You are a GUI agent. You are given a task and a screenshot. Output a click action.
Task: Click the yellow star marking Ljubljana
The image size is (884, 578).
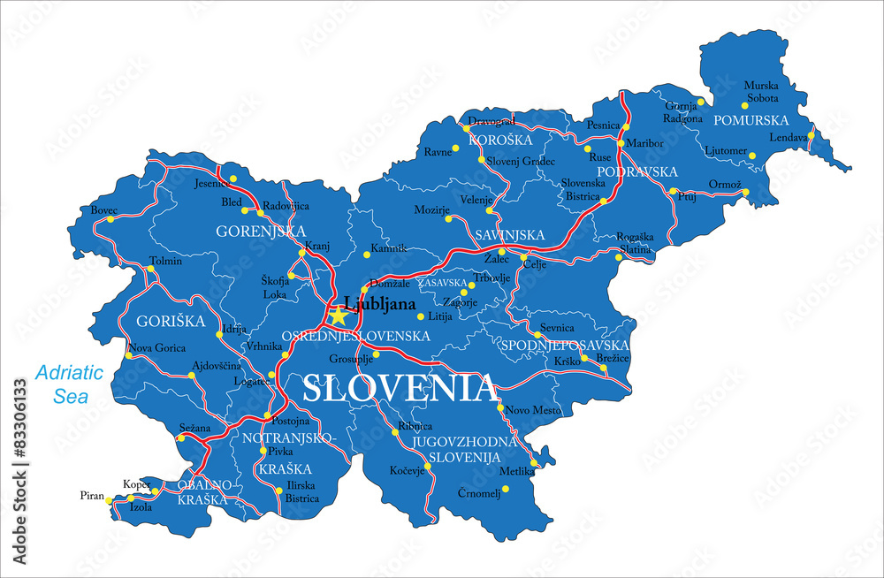pyautogui.click(x=338, y=316)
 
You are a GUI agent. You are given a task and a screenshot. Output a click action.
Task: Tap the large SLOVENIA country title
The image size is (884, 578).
pyautogui.click(x=399, y=388)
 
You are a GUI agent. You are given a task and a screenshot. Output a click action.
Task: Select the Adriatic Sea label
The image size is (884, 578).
pyautogui.click(x=70, y=384)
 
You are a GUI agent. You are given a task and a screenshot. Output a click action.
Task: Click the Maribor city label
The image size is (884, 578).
pyautogui.click(x=644, y=142)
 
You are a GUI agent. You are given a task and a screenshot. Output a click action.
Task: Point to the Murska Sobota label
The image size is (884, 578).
pyautogui.click(x=761, y=91)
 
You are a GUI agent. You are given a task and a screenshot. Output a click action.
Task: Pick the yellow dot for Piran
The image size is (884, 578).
pyautogui.click(x=110, y=500)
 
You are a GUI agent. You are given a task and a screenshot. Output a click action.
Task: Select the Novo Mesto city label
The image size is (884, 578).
pyautogui.click(x=533, y=409)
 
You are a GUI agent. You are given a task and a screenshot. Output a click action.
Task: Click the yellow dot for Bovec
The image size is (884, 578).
pyautogui.click(x=110, y=219)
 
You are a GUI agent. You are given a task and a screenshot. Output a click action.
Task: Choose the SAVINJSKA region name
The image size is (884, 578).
pyautogui.click(x=509, y=235)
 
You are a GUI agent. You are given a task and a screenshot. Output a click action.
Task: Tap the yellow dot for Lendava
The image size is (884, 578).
pyautogui.click(x=811, y=135)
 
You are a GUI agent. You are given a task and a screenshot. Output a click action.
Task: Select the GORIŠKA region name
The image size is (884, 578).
pyautogui.click(x=170, y=320)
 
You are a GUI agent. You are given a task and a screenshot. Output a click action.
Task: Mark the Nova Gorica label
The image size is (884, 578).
pyautogui.click(x=157, y=348)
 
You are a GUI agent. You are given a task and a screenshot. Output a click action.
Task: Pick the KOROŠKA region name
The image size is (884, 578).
pyautogui.click(x=500, y=141)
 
